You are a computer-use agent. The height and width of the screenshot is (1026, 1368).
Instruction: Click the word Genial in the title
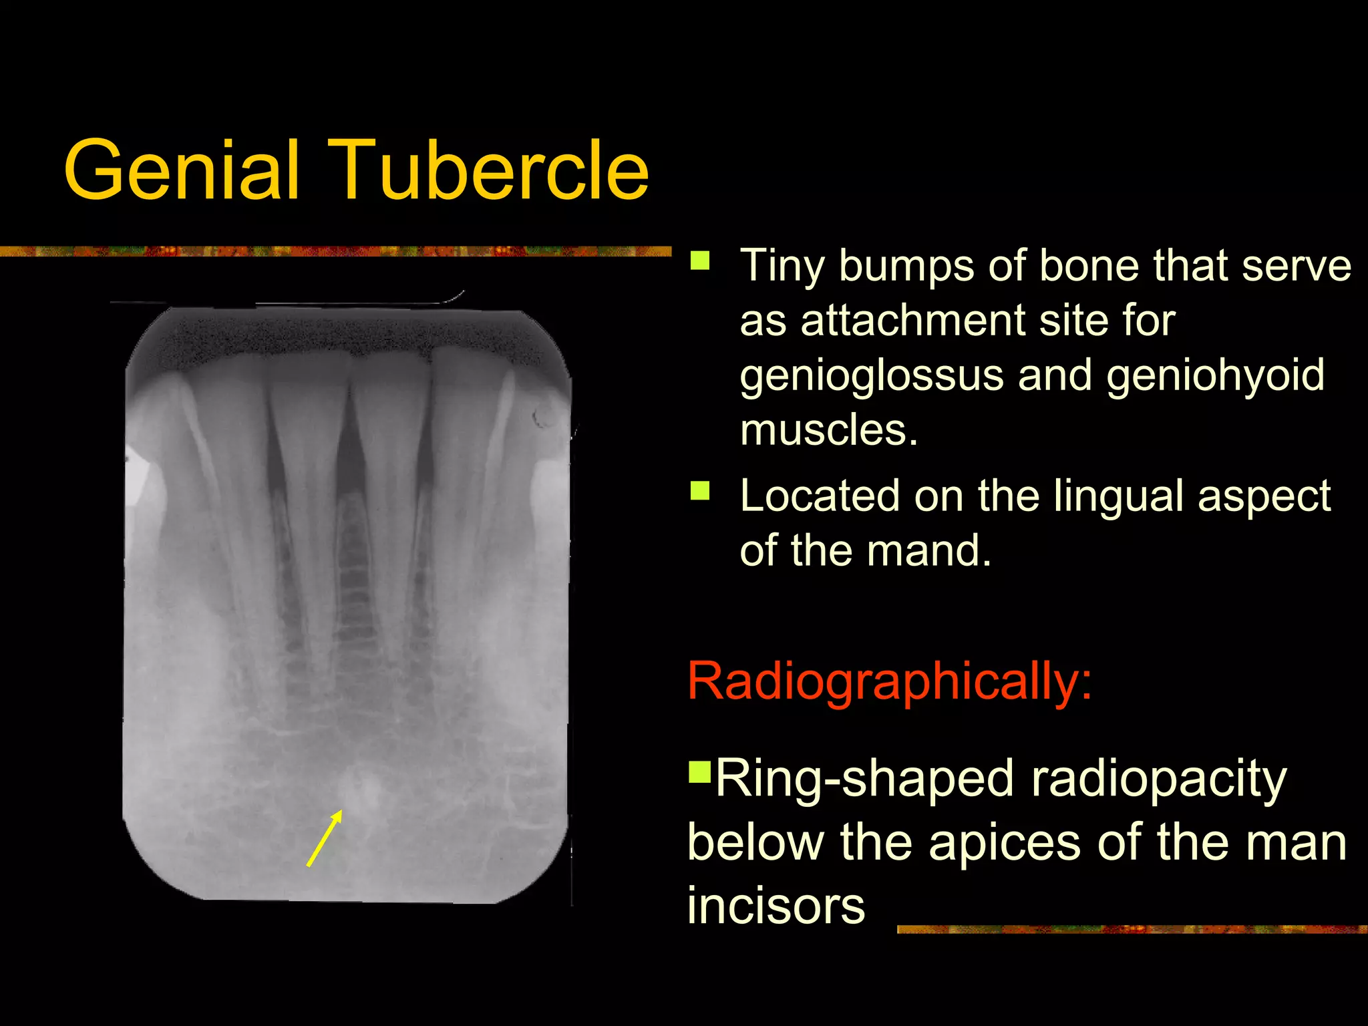pos(180,170)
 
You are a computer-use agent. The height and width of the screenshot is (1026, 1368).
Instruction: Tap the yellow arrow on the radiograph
pos(325,838)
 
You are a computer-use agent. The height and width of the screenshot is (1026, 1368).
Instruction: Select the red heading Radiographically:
pos(889,681)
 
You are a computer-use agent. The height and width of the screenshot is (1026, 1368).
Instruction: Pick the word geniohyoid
pos(1215,375)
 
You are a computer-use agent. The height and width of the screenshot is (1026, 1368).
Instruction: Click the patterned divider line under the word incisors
pos(1129,929)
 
